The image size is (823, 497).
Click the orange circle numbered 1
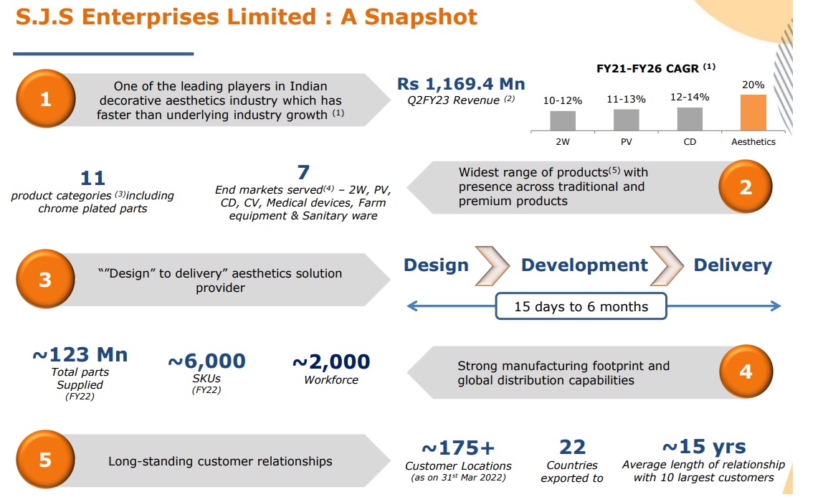tap(45, 99)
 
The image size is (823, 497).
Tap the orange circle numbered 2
tap(746, 187)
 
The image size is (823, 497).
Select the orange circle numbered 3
tap(45, 280)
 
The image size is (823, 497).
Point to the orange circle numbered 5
tap(45, 460)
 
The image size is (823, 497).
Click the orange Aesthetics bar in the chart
tap(753, 113)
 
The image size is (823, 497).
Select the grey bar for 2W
tap(563, 120)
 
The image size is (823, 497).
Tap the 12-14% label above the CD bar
tap(690, 98)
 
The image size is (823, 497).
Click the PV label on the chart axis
tap(627, 142)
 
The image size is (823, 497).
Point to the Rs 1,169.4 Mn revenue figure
tap(462, 85)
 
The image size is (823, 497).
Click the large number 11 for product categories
tap(92, 178)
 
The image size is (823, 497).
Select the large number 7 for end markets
tap(303, 173)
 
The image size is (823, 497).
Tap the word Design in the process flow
tap(436, 265)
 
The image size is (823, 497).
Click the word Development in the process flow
tap(584, 265)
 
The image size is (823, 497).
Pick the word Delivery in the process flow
tap(733, 265)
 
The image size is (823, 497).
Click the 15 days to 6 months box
tap(581, 306)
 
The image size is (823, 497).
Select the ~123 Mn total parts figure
tap(80, 355)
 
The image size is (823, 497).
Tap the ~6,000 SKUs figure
tap(206, 361)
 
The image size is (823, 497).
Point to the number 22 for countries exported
tap(572, 448)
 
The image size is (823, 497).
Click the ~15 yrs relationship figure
tap(703, 448)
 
